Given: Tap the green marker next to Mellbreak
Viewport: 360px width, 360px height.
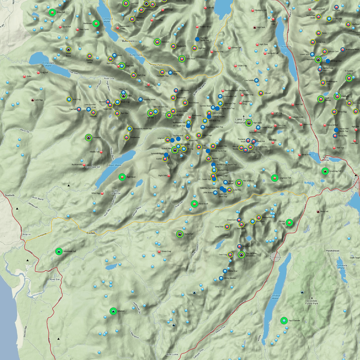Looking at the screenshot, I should point(96,23).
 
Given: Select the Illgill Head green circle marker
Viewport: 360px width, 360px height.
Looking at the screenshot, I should point(122,177).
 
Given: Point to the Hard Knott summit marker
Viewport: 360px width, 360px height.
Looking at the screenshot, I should point(194,204).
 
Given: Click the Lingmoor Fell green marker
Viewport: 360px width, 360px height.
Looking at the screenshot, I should point(274,178).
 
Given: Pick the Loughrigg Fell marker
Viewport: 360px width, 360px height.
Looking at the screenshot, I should point(325,171).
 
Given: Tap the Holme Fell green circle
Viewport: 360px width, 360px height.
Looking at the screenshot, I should point(289,222).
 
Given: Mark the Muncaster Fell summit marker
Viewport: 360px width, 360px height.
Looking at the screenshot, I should point(59,251).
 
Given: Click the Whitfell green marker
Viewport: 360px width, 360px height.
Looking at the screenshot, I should point(113,311).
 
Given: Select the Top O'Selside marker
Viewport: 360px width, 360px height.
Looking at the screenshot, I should point(284,321).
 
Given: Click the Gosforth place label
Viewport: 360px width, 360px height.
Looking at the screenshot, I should point(10,195).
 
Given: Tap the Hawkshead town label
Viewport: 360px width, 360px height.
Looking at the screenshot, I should point(333,251).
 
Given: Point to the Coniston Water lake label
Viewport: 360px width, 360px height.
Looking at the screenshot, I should point(275,297).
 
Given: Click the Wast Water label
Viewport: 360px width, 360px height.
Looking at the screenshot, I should point(115,165).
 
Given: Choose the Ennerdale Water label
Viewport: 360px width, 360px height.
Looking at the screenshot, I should point(48,64).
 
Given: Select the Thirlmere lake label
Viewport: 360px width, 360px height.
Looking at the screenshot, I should point(285,47).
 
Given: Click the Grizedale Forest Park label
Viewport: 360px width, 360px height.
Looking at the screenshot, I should point(312,302).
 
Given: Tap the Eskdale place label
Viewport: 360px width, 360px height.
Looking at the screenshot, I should point(91,233).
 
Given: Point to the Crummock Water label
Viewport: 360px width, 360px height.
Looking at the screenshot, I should point(107,20).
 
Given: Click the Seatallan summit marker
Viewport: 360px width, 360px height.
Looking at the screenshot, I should point(88,137).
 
